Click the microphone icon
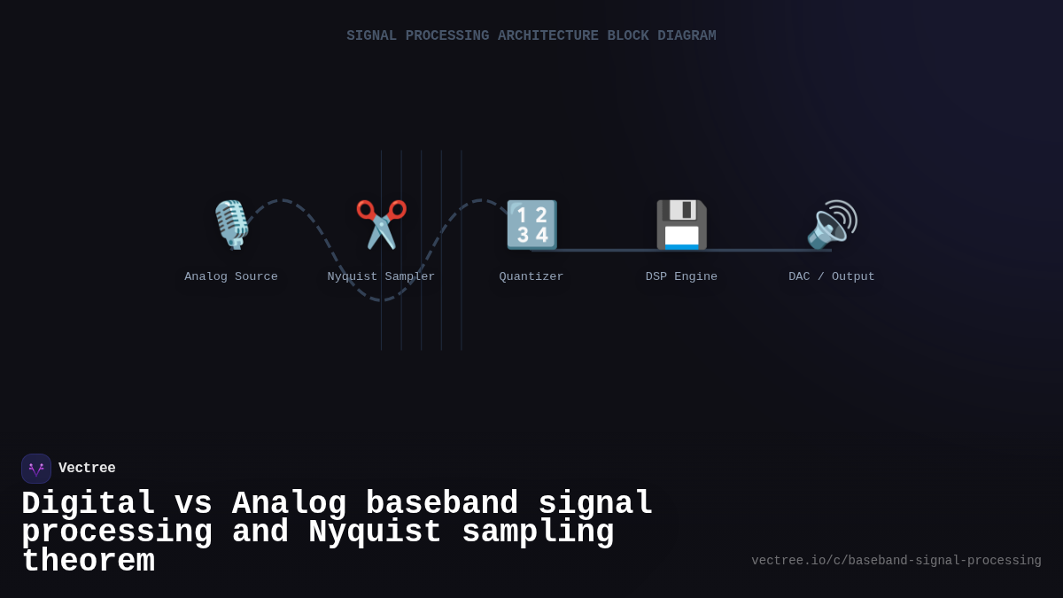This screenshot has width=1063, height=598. (231, 224)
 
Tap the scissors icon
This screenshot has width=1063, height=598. (381, 224)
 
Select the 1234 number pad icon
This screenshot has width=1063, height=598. (531, 224)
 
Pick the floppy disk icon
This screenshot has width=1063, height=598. (681, 224)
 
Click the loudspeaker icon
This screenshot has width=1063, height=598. (832, 224)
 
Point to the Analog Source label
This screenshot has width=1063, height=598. (231, 276)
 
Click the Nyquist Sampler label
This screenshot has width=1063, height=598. (381, 276)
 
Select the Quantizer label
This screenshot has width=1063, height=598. (531, 276)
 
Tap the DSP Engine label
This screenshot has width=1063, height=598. (681, 276)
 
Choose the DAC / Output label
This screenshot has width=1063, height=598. (832, 276)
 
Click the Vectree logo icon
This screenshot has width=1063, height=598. (36, 469)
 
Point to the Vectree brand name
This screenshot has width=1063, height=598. (87, 469)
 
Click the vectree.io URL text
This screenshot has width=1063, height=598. (896, 561)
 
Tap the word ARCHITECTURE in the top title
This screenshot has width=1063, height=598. (547, 36)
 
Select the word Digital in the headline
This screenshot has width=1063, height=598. (89, 504)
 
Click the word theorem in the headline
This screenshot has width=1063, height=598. (88, 562)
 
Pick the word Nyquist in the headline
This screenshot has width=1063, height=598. (375, 532)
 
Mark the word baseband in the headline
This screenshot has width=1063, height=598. (442, 504)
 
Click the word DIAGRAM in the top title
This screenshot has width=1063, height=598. (687, 36)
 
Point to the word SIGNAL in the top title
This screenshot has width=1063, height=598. (371, 36)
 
